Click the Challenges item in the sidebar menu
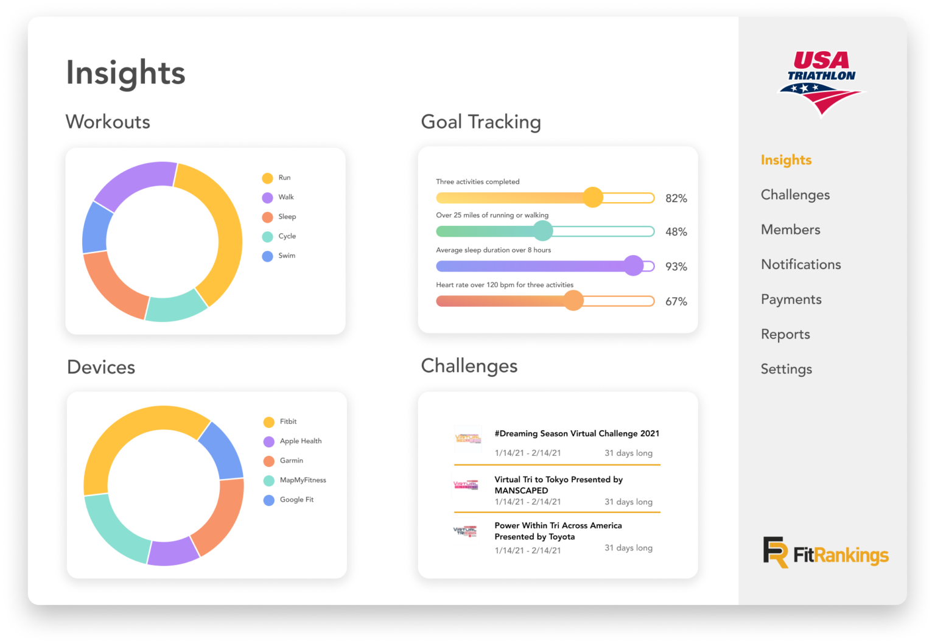point(795,195)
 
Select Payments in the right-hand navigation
point(791,299)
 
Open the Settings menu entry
point(786,369)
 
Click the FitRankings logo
point(825,553)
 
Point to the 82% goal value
point(676,198)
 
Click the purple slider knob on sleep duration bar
point(634,265)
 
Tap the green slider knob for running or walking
point(542,231)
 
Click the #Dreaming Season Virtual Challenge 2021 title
point(576,433)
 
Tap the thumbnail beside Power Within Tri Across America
point(466,531)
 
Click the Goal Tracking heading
point(480,122)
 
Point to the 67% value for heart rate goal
point(676,301)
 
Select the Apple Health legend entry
point(300,441)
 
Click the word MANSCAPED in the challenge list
point(521,491)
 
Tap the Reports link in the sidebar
point(785,334)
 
